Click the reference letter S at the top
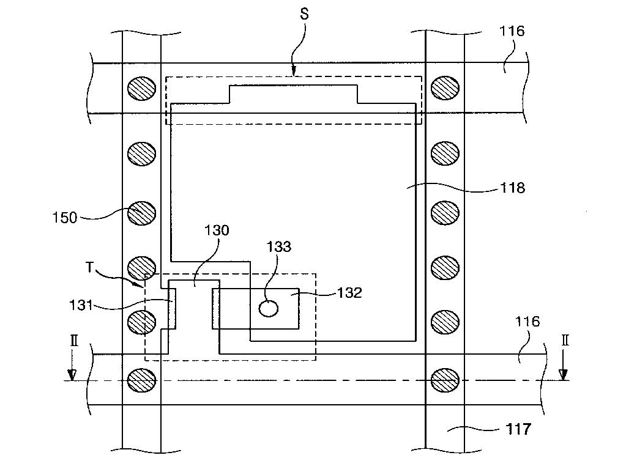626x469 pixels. (304, 14)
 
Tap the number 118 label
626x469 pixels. (513, 188)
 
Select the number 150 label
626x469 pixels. (65, 218)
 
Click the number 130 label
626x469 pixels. (217, 230)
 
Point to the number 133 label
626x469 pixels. (278, 246)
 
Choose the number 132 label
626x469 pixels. (350, 293)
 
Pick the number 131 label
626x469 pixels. (81, 306)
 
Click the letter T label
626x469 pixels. (90, 267)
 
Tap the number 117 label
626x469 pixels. (518, 429)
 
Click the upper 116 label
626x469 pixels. (512, 31)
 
